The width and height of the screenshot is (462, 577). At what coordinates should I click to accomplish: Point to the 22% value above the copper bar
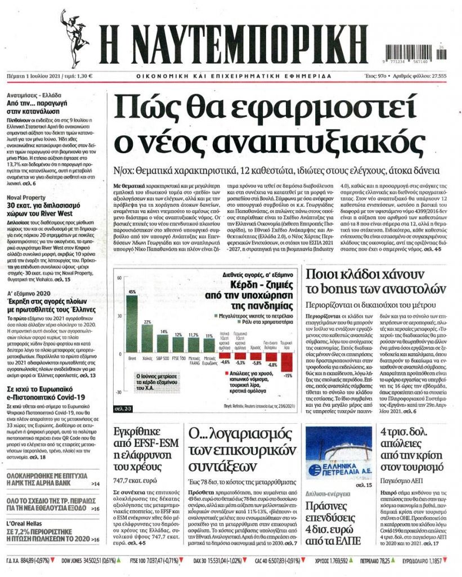click(x=147, y=322)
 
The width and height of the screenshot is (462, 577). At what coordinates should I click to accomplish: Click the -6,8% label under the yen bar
click(x=272, y=365)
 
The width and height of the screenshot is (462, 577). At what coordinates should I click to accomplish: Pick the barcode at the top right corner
click(x=412, y=54)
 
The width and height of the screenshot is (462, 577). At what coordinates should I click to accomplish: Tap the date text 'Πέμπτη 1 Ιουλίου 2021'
click(x=30, y=76)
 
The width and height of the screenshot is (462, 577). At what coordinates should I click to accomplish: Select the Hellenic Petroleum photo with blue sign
click(x=338, y=454)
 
